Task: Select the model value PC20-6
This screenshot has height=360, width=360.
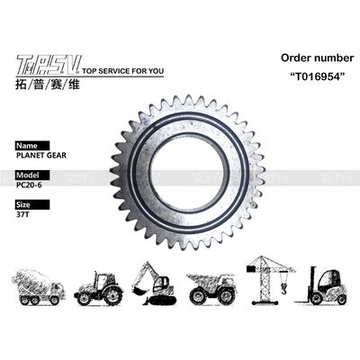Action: coord(30,185)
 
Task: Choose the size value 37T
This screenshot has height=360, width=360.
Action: coord(22,216)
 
